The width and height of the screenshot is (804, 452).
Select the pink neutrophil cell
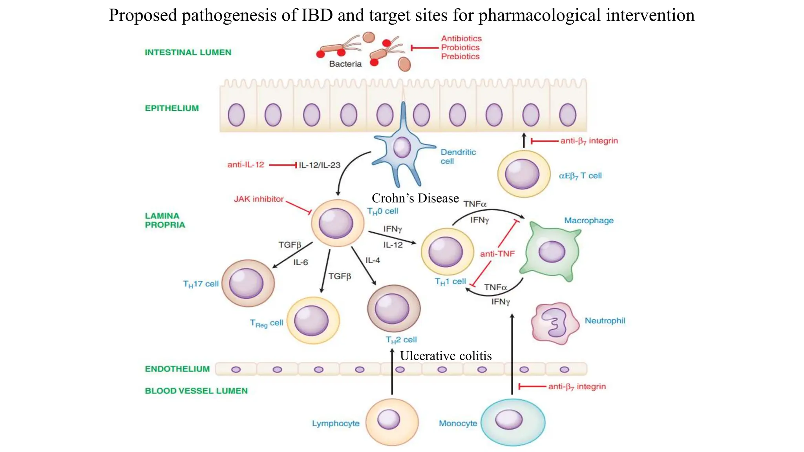[555, 323]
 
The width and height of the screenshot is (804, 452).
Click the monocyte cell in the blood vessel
[513, 421]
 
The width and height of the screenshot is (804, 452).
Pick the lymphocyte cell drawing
[391, 421]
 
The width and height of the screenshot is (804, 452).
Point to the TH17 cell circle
[248, 283]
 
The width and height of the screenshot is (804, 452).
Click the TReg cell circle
[313, 320]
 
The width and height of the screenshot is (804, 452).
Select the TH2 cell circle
[393, 308]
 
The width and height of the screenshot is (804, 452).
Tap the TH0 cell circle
[337, 223]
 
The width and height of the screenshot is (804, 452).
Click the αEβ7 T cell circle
[524, 174]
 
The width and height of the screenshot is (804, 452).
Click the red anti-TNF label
[497, 254]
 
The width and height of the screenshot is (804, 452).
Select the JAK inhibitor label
[258, 199]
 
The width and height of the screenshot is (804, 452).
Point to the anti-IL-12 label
[246, 165]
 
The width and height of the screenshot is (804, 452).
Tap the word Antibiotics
[461, 38]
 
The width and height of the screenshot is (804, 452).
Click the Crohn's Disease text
[415, 198]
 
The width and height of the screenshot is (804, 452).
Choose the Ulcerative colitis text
[446, 356]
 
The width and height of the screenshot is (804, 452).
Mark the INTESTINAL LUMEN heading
[188, 52]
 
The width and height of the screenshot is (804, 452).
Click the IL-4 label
[373, 261]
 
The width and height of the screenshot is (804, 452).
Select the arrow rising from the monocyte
[512, 353]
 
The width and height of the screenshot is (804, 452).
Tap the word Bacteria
[345, 64]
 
